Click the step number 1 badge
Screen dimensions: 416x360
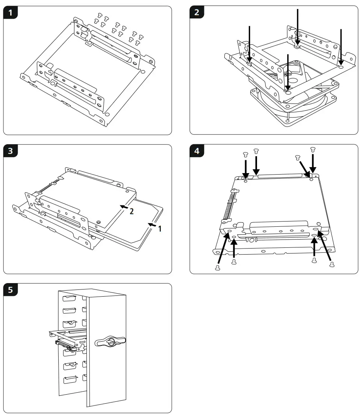pos(11,13)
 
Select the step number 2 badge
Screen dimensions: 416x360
pos(197,13)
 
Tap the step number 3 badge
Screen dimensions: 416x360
pos(11,152)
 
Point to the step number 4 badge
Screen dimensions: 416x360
pos(197,152)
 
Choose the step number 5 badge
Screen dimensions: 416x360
pos(11,290)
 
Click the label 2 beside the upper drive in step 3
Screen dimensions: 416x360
pos(131,211)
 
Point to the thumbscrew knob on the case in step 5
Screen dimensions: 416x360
pos(110,342)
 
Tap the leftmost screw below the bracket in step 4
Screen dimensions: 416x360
pos(217,267)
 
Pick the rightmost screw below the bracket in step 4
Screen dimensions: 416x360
pos(331,264)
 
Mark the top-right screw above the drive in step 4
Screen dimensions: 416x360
pos(313,150)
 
